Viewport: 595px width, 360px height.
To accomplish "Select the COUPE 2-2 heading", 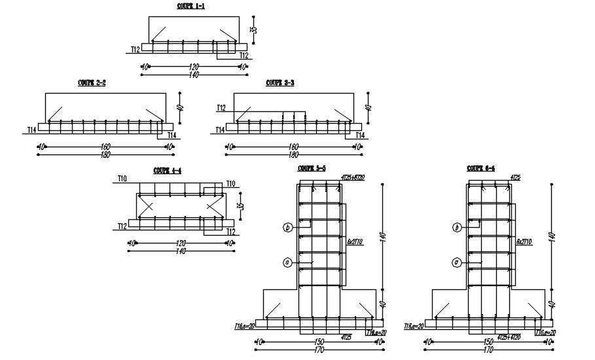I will [x=92, y=83].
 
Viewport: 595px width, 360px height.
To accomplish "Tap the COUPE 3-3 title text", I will [x=279, y=83].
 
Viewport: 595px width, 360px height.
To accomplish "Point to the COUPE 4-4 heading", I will [x=167, y=170].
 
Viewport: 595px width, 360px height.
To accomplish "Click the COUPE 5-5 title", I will [x=312, y=168].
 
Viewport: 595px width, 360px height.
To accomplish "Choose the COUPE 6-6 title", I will [x=481, y=168].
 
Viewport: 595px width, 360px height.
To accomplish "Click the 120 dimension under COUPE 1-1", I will [x=194, y=66].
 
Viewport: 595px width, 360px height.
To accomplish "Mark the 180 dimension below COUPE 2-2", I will [x=105, y=154].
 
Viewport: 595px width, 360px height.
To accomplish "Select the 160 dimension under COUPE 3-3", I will [x=293, y=147].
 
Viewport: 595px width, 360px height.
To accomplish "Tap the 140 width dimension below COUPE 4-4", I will [x=181, y=251].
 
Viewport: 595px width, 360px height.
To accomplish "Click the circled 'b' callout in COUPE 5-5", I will [x=287, y=228].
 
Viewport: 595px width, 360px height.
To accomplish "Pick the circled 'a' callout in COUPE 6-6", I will [x=456, y=262].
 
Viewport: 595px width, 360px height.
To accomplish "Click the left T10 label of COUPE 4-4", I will [x=122, y=178].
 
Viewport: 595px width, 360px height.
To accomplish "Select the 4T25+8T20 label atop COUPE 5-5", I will [x=353, y=177].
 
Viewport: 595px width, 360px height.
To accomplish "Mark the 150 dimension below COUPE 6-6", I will [x=489, y=342].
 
